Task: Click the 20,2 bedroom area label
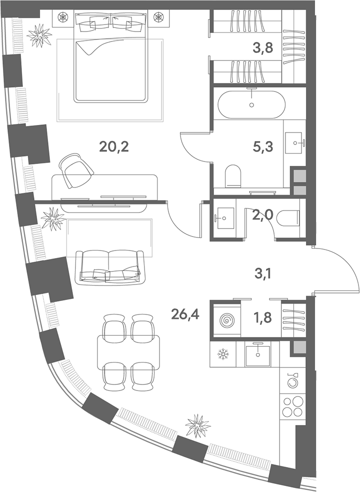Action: coord(114,146)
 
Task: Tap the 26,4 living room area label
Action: coord(185,313)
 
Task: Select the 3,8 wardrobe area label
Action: coord(263,48)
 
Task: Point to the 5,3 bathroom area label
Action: coord(263,146)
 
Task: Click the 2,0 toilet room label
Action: coord(263,216)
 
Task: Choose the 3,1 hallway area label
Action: coord(263,275)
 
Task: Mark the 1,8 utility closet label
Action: coord(262,317)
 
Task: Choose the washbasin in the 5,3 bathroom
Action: coord(295,143)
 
